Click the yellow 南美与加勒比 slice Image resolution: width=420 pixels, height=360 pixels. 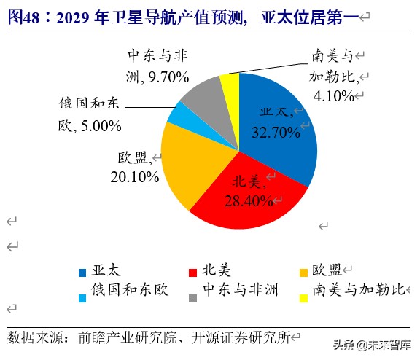click(x=230, y=82)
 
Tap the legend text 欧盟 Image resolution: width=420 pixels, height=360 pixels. click(x=327, y=270)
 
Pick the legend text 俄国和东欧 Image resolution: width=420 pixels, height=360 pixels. click(x=130, y=290)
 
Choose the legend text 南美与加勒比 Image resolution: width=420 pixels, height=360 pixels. click(x=357, y=290)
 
